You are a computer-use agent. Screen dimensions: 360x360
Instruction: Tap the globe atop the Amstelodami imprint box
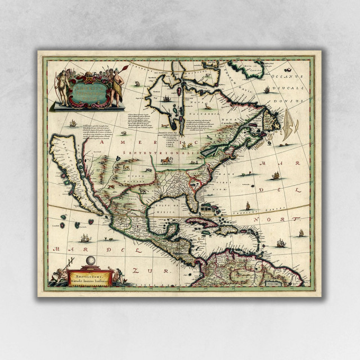[89, 262]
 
